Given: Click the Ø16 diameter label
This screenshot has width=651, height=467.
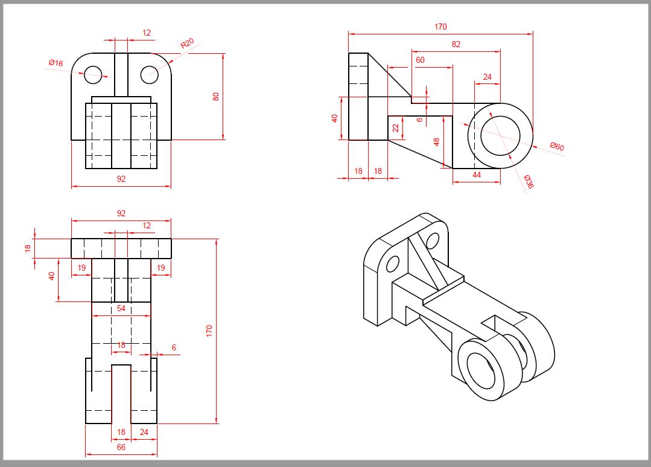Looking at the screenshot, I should click(56, 63).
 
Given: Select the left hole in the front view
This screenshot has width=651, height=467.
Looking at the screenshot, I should click(93, 74).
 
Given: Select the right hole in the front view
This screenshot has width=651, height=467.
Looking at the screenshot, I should click(150, 74).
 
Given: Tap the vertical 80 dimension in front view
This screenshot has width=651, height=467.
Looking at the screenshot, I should click(216, 97).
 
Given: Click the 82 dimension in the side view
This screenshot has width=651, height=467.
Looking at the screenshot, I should click(456, 44).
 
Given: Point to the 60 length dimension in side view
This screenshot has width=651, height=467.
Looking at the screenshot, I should click(420, 60).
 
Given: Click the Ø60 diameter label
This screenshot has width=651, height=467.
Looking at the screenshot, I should click(556, 147).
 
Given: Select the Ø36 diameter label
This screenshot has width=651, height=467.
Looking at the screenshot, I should click(529, 182).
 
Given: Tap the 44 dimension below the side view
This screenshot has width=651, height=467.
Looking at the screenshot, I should click(477, 175).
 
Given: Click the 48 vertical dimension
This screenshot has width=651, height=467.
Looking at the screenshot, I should click(436, 141).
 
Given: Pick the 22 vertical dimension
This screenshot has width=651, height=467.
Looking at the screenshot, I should click(395, 128).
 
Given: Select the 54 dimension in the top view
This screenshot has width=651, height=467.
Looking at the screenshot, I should click(121, 309).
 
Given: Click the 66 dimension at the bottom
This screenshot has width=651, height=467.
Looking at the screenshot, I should click(121, 447).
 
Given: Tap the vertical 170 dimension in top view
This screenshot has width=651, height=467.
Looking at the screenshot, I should click(209, 330).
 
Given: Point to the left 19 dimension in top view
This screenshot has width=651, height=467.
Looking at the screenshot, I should click(81, 268).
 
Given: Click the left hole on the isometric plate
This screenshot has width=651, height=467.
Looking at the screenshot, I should click(392, 264).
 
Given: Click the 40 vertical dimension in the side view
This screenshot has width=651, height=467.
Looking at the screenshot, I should click(335, 118).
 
